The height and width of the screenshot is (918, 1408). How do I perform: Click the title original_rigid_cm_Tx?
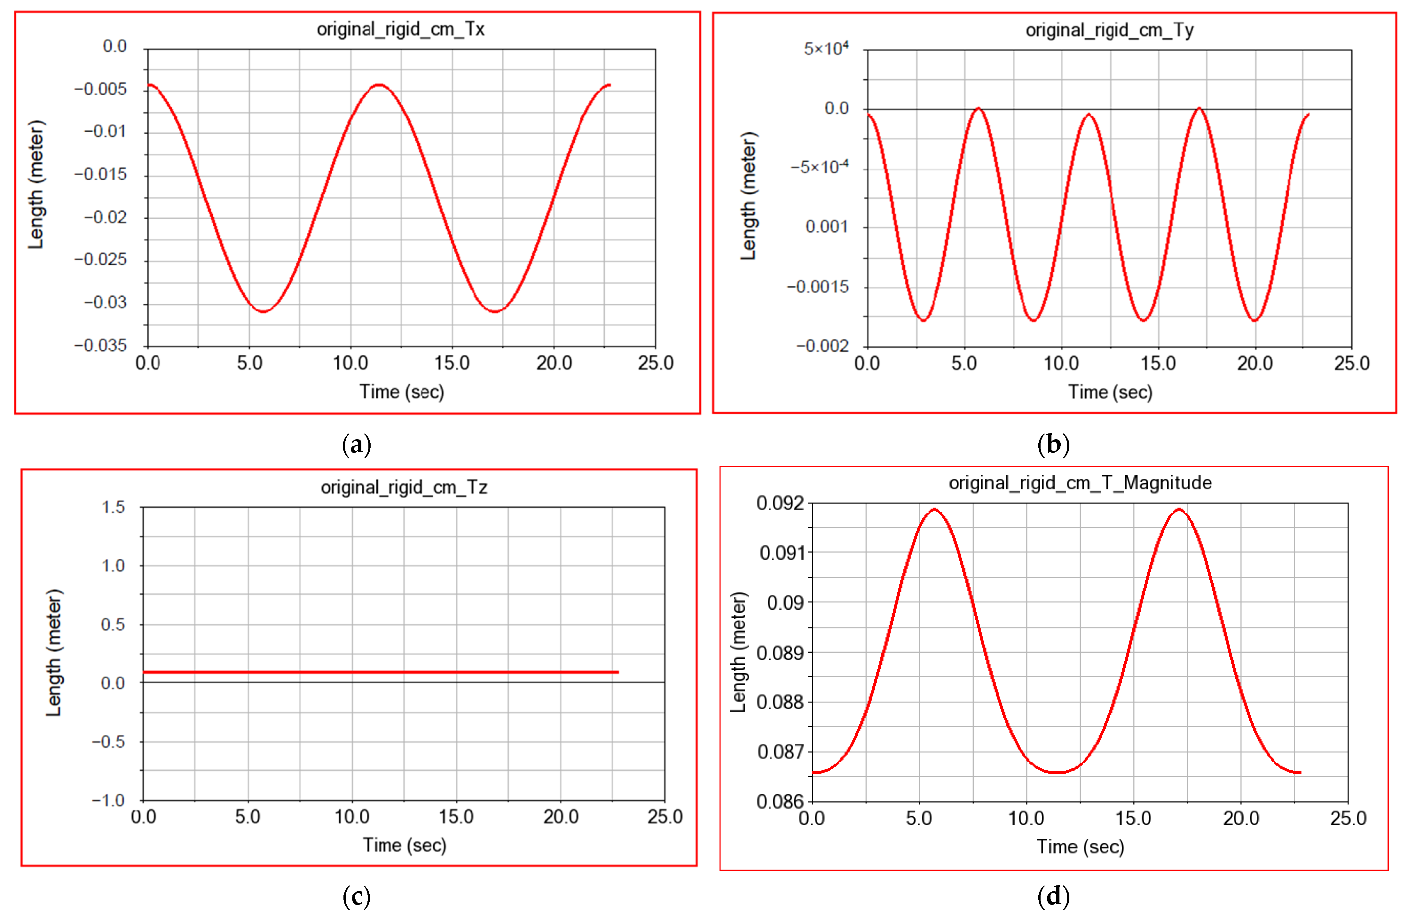400,29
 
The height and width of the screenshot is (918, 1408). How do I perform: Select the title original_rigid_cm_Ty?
1109,30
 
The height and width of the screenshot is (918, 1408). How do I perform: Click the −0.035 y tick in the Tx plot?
100,346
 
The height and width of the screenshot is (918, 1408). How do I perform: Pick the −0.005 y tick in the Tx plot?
100,89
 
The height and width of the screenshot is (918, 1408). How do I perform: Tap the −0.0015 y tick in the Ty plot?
818,287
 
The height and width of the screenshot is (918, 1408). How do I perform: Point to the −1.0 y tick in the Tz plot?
108,800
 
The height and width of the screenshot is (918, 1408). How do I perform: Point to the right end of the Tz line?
617,672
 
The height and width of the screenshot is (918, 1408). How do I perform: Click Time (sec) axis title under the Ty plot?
1110,392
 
